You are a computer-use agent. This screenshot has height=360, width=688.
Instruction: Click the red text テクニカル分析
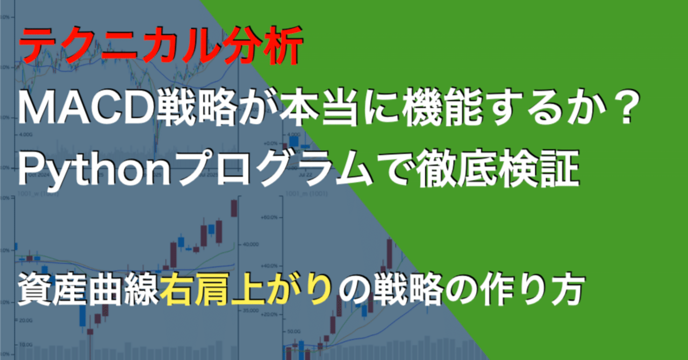point(160,49)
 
